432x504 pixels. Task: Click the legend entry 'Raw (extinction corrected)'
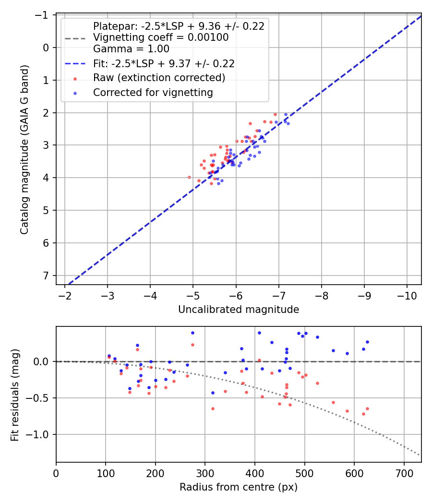tap(159, 78)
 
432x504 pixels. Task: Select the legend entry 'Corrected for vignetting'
tap(153, 93)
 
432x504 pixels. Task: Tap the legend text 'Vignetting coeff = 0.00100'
tap(161, 37)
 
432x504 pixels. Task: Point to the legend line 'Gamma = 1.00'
tap(131, 48)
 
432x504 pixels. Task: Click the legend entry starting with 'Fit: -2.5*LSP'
tap(164, 63)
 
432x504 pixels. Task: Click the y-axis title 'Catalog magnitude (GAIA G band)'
tap(24, 149)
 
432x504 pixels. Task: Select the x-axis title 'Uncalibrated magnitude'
tap(239, 310)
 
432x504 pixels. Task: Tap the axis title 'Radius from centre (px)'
tap(239, 487)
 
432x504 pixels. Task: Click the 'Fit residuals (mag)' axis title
tap(15, 394)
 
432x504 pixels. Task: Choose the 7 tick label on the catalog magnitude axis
tap(46, 276)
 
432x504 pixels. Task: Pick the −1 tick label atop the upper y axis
tap(43, 15)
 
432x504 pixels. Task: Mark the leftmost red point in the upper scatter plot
tap(189, 177)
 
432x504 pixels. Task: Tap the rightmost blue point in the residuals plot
tap(367, 342)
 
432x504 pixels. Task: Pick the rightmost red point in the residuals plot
tap(367, 408)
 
